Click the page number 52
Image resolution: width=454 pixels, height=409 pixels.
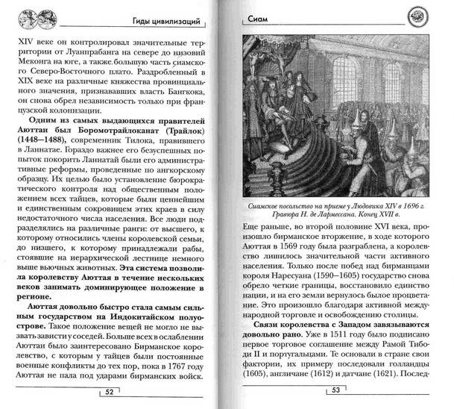[x=109, y=391]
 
